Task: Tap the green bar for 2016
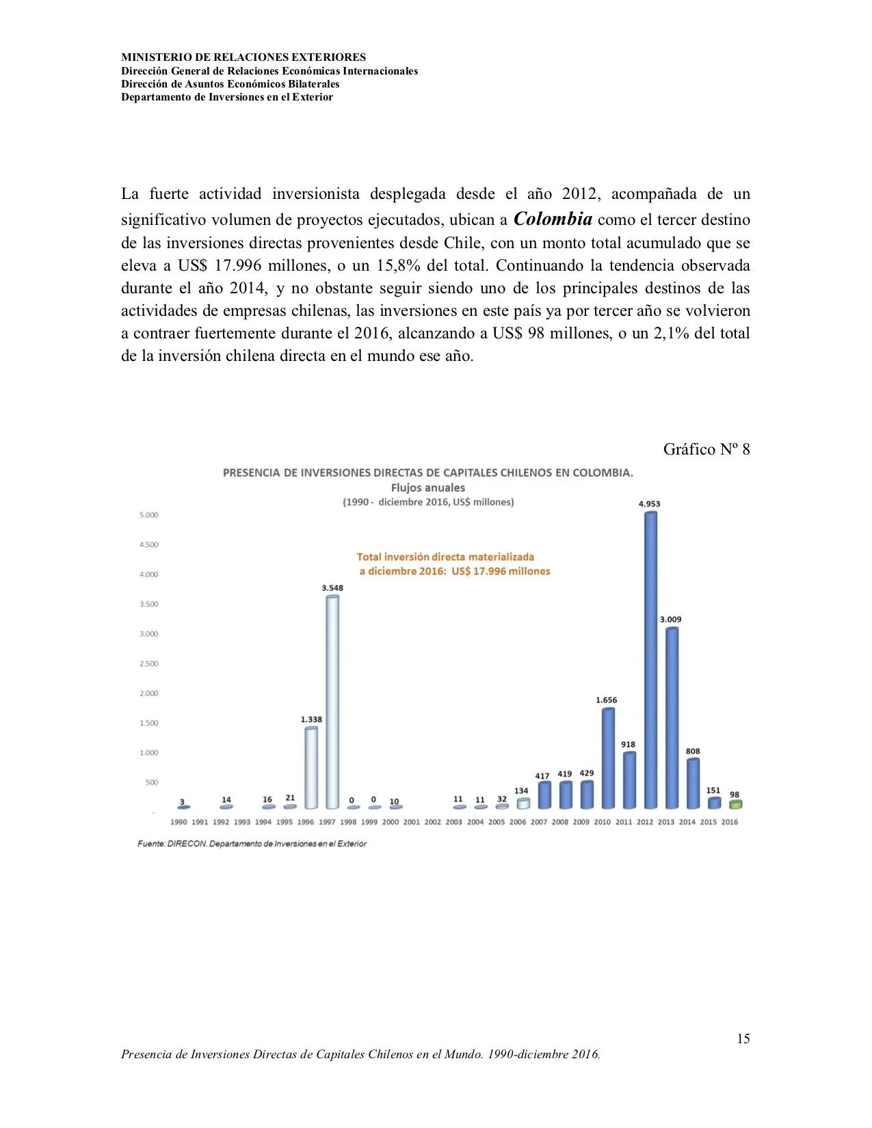[x=735, y=805]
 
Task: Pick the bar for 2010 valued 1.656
[x=608, y=759]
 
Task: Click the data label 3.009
[x=670, y=619]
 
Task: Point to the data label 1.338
[x=311, y=719]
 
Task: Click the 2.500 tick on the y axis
[x=148, y=664]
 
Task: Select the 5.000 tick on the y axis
[x=148, y=515]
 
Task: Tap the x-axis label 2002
[x=433, y=822]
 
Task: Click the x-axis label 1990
[x=179, y=822]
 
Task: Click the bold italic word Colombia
[x=553, y=219]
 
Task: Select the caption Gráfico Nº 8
[x=706, y=449]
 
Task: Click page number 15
[x=743, y=1038]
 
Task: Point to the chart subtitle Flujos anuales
[x=428, y=487]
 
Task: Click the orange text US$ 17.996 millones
[x=501, y=571]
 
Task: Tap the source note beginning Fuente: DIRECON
[x=252, y=844]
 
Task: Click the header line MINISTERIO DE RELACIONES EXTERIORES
[x=243, y=57]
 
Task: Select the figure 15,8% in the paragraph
[x=398, y=265]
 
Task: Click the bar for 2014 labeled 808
[x=693, y=783]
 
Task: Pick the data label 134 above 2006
[x=521, y=790]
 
